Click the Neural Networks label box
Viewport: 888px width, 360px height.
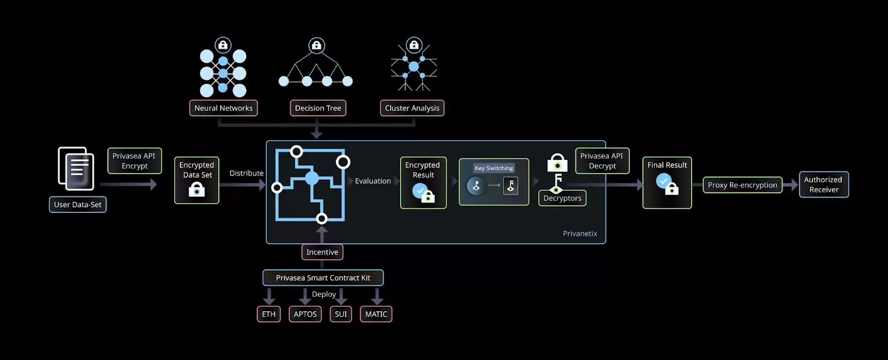[x=223, y=108]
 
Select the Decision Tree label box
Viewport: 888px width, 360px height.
[x=317, y=108]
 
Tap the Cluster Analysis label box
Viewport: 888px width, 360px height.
[x=412, y=108]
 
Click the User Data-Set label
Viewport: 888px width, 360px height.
[x=78, y=205]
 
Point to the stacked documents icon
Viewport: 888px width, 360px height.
[x=76, y=169]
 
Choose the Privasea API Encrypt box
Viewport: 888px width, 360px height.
[x=134, y=161]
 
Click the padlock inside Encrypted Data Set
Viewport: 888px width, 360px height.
[x=196, y=190]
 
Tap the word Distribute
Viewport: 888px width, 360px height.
[x=246, y=173]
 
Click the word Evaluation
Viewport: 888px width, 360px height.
[x=373, y=181]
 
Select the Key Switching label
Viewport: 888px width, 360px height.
[x=493, y=168]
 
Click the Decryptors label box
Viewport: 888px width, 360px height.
[x=562, y=198]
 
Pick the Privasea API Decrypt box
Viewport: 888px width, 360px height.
[x=602, y=161]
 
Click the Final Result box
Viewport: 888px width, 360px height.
[x=667, y=182]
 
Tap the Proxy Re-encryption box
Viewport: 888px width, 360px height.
[x=742, y=185]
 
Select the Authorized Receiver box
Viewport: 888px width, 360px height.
[x=824, y=185]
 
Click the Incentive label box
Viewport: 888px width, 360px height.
[x=322, y=252]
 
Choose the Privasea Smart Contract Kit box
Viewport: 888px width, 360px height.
[x=323, y=278]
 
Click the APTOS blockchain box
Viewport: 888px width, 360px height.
[x=305, y=314]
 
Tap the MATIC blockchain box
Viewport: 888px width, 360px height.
[x=376, y=314]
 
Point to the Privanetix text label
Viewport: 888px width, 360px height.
[x=580, y=234]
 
